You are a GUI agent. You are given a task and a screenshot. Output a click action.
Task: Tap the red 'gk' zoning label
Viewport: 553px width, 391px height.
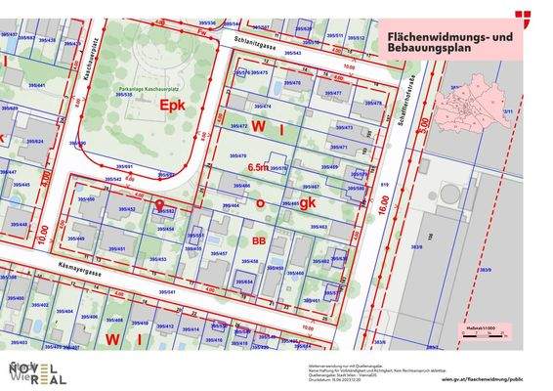(307, 204)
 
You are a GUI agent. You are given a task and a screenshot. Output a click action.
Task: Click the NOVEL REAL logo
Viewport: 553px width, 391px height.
(37, 372)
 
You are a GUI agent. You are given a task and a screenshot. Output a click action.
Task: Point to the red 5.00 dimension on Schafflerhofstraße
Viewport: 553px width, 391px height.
(423, 125)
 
